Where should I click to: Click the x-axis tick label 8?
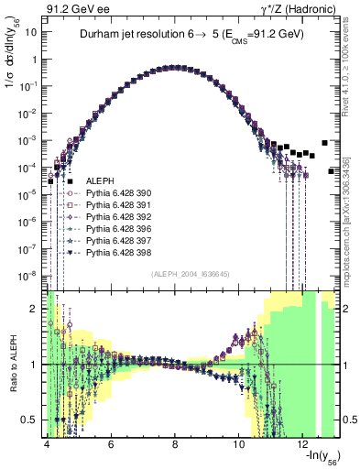[175, 444]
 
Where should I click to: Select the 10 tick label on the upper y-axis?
[31, 30]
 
